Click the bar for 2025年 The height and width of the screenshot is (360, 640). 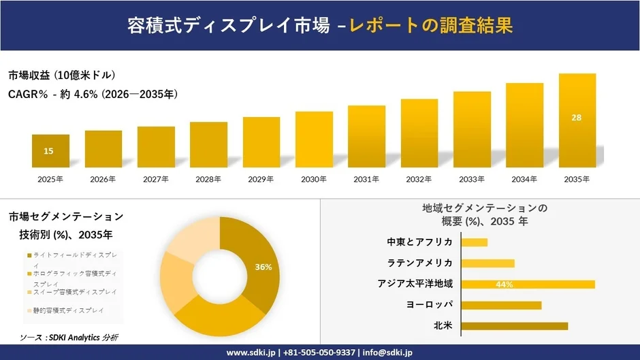[x=50, y=151]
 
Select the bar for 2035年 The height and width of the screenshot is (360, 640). [x=577, y=120]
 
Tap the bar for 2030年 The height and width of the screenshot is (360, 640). [x=314, y=140]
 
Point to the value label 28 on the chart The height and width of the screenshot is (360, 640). [x=577, y=118]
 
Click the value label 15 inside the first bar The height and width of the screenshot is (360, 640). [x=48, y=151]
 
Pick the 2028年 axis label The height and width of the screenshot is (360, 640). [x=208, y=179]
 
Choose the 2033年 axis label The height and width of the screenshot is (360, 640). [x=472, y=179]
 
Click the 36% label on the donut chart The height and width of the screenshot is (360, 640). [x=263, y=267]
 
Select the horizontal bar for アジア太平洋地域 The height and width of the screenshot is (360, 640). [x=528, y=284]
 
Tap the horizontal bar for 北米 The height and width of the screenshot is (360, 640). [x=514, y=326]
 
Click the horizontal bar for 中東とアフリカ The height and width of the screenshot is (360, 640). [x=475, y=242]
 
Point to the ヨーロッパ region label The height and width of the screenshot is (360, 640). [x=430, y=304]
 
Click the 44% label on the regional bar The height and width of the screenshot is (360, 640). [x=505, y=284]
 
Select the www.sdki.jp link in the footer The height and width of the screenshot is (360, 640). [x=249, y=353]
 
